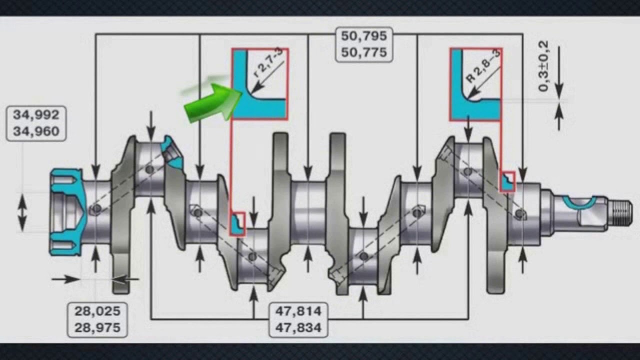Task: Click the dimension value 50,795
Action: [364, 36]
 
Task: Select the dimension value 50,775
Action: [364, 53]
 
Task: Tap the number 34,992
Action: [36, 115]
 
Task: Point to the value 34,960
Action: [36, 131]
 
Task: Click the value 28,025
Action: [97, 311]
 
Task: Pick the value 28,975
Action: [97, 328]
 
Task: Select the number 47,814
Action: [298, 311]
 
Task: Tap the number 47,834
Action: [298, 328]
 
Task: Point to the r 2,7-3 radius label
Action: [268, 63]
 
